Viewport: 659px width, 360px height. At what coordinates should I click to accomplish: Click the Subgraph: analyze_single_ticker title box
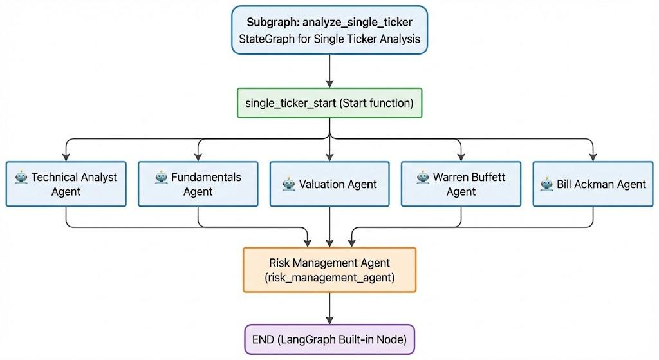click(x=329, y=30)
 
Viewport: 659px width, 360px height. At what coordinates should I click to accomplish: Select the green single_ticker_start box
click(x=329, y=103)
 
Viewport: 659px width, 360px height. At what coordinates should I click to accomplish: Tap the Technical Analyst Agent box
click(x=66, y=184)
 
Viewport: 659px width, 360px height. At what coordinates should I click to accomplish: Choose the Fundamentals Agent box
click(x=198, y=184)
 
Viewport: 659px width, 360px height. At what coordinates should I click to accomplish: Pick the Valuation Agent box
click(x=329, y=184)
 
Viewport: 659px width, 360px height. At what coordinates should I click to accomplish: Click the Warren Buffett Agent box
click(x=461, y=184)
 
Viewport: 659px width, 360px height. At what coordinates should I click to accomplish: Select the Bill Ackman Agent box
click(x=593, y=184)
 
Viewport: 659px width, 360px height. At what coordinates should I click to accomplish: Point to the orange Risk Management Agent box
click(x=329, y=270)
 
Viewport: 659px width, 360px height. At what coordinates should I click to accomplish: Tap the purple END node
click(x=329, y=339)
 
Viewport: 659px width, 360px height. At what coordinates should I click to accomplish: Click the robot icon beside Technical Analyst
click(x=21, y=177)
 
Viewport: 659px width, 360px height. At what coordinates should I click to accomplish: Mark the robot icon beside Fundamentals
click(x=161, y=177)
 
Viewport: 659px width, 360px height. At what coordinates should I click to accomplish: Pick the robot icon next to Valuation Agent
click(x=289, y=184)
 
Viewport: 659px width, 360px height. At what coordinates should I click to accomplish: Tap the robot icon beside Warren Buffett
click(x=422, y=177)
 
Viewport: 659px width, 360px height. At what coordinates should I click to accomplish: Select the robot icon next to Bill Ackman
click(x=546, y=184)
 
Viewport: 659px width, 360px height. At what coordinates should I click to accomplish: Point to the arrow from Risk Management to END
click(x=329, y=308)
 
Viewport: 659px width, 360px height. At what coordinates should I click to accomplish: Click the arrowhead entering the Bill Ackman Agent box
click(x=593, y=156)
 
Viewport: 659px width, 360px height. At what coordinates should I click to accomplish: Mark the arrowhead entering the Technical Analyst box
click(x=66, y=156)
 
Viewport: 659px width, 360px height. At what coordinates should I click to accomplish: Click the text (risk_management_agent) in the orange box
click(x=329, y=278)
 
